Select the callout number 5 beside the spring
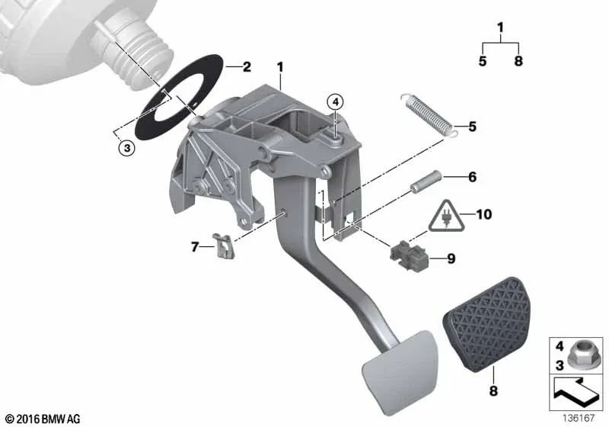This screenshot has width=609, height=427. click(472, 127)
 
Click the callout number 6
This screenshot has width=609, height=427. click(472, 177)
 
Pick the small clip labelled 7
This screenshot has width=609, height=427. click(224, 246)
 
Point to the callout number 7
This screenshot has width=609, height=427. click(195, 246)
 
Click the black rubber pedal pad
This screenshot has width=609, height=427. click(486, 323)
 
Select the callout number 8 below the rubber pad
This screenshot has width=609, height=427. click(493, 390)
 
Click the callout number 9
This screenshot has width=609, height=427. click(451, 258)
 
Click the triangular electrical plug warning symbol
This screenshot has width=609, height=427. click(447, 217)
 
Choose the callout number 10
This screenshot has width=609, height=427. click(483, 214)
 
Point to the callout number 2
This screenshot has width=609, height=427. click(247, 67)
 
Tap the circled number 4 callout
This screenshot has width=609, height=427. click(335, 102)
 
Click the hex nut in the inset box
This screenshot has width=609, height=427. click(579, 355)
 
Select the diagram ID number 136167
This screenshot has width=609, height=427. click(579, 418)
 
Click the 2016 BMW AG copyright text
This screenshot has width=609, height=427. click(43, 419)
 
